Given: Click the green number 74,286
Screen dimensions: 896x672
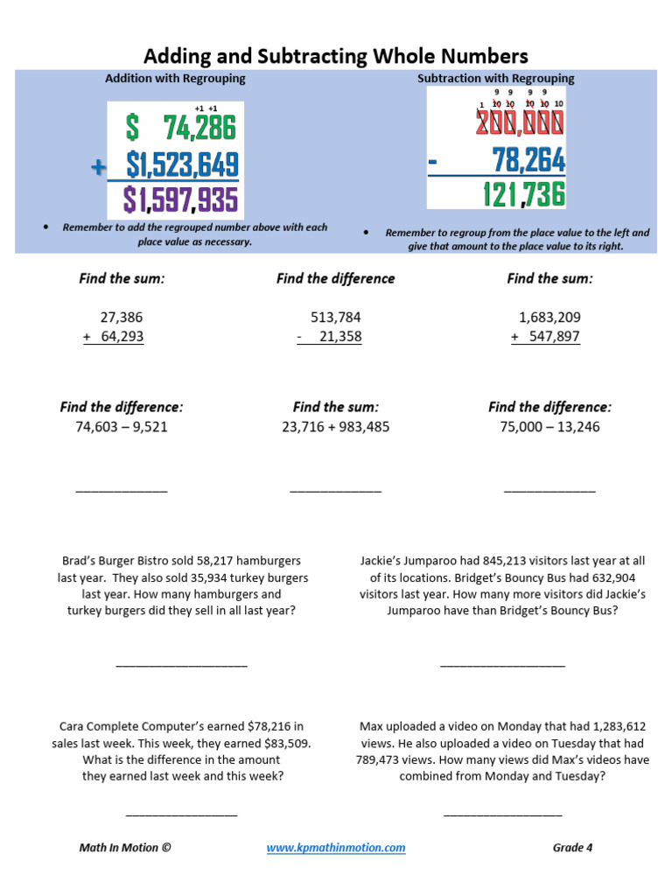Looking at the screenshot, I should click(x=199, y=129).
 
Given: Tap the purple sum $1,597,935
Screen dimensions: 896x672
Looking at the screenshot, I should click(x=181, y=200).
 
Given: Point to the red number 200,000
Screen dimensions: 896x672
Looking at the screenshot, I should click(x=520, y=124).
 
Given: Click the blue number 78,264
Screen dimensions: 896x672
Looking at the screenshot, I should click(x=528, y=160).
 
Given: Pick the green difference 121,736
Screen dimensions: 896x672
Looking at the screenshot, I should click(x=524, y=195).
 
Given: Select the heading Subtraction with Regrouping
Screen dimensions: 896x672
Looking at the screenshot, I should click(x=495, y=78).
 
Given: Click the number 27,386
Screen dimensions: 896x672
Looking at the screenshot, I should click(x=122, y=317).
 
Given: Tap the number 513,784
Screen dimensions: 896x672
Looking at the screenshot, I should click(x=335, y=317).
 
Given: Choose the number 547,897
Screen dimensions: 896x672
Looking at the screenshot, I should click(x=550, y=337).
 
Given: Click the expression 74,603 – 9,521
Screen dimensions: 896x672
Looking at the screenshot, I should click(x=122, y=427).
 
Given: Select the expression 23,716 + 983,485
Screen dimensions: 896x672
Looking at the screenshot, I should click(x=335, y=427).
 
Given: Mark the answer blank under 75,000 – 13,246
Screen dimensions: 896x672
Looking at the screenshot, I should click(x=549, y=490).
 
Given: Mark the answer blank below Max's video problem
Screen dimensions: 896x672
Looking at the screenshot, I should click(x=502, y=814).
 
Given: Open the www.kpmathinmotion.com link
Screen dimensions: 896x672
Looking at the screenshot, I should click(x=335, y=847).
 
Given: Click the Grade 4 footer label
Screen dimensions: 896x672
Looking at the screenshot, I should click(x=572, y=847).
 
